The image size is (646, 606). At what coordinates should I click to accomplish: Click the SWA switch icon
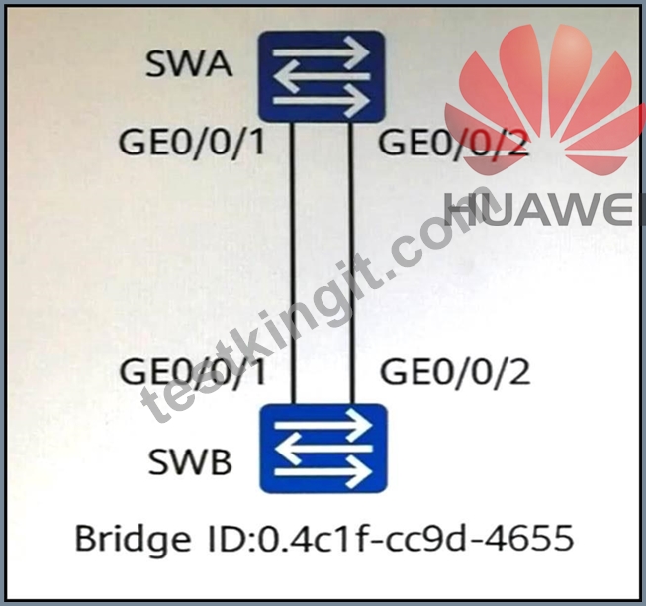(322, 76)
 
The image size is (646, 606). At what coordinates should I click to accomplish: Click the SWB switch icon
(323, 449)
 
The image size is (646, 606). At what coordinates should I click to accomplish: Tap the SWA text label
(189, 64)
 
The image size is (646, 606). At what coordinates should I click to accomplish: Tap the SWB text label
(190, 461)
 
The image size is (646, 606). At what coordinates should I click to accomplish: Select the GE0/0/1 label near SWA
(191, 143)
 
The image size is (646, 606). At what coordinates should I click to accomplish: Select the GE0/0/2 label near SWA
(453, 143)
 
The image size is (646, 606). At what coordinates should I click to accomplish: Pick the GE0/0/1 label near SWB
(192, 372)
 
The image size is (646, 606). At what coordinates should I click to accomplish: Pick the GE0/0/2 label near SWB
(455, 372)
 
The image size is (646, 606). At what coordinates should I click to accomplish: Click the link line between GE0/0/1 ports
(294, 263)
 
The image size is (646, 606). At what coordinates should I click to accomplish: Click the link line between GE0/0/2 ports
(351, 263)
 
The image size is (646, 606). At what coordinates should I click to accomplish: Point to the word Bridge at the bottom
(133, 539)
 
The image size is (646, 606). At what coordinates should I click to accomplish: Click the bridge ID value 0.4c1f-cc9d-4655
(415, 537)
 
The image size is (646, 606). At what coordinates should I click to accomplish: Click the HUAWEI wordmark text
(545, 209)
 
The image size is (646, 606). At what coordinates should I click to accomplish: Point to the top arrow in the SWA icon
(321, 52)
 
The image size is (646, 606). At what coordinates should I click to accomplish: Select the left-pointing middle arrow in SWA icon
(322, 76)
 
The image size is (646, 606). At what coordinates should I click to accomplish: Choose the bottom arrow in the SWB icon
(323, 471)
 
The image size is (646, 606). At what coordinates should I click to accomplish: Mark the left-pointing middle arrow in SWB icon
(323, 448)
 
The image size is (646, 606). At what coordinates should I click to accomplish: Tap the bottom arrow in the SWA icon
(321, 101)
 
